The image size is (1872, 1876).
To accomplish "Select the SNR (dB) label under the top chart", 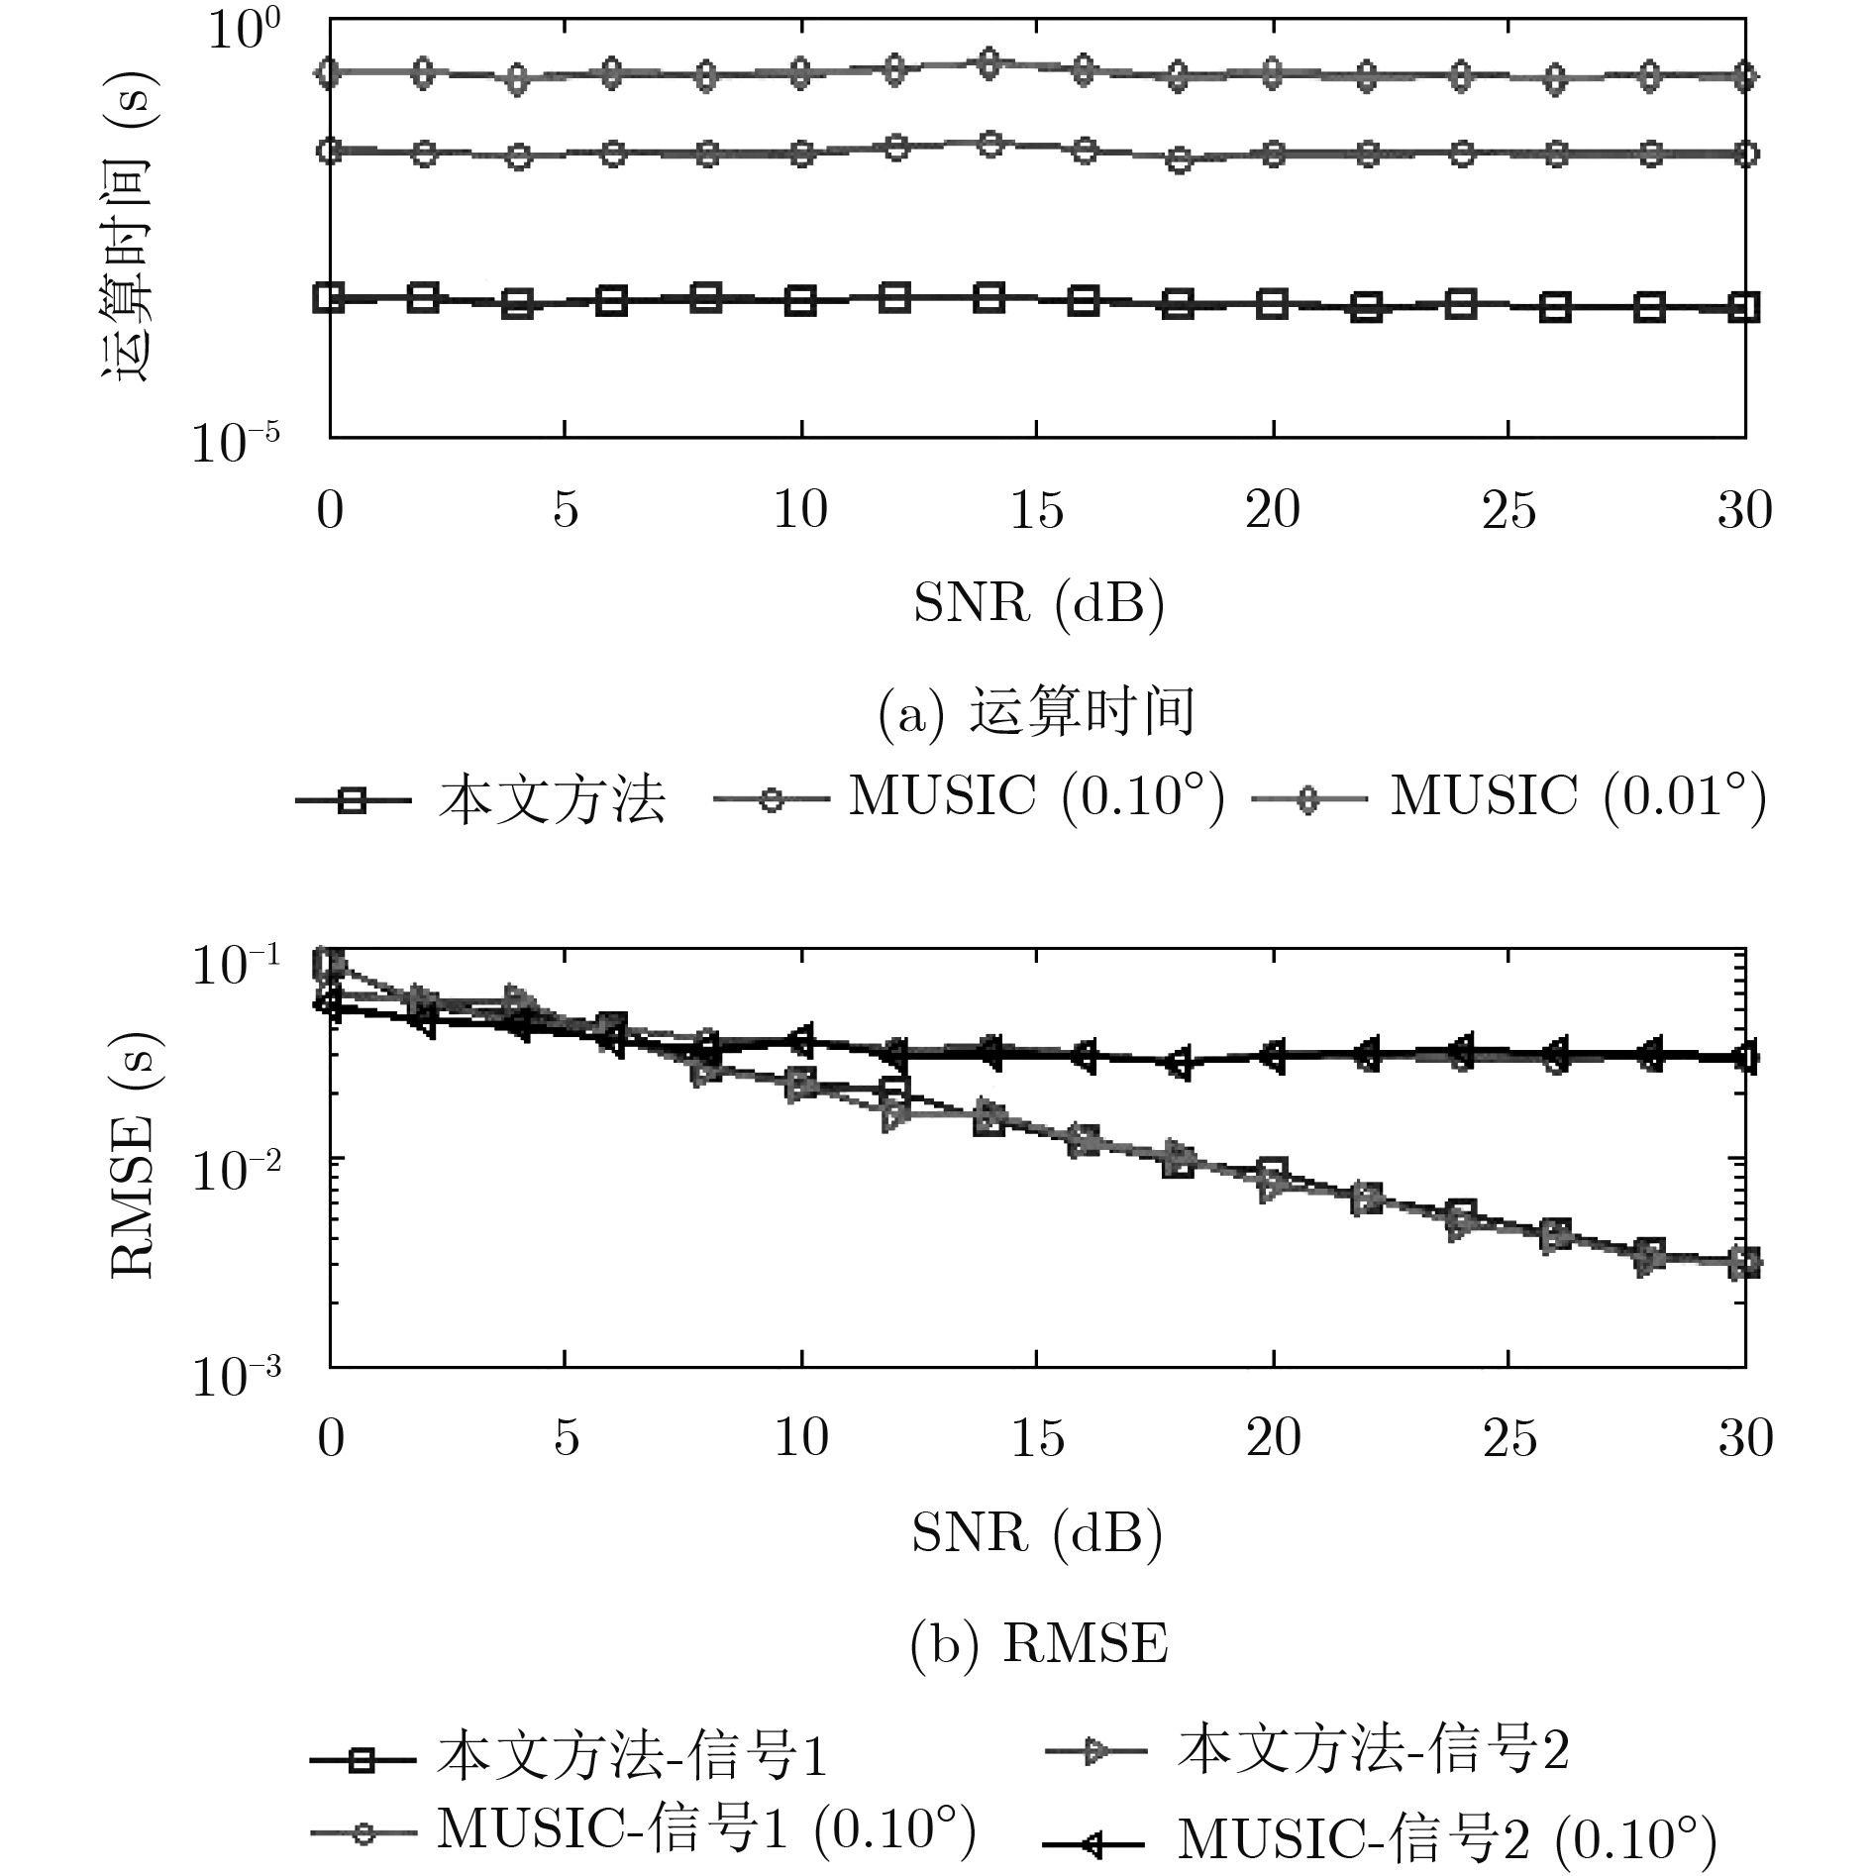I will [1037, 602].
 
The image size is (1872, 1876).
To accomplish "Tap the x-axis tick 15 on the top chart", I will [1036, 511].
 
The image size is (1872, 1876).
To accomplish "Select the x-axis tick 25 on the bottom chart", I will [1508, 1438].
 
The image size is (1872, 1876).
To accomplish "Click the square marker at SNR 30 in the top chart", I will [1743, 307].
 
